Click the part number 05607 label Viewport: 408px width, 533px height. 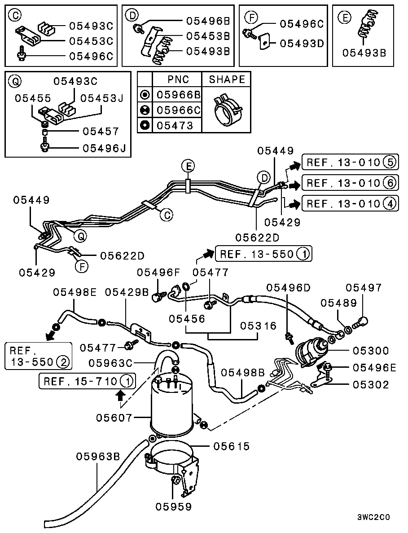click(114, 418)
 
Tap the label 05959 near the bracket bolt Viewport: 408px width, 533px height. click(174, 507)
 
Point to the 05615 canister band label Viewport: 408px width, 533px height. click(231, 446)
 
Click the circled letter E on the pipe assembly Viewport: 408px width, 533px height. click(189, 167)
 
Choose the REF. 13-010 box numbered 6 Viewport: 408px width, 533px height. click(350, 183)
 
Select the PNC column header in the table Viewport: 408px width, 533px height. click(178, 79)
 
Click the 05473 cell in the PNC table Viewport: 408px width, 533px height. click(175, 125)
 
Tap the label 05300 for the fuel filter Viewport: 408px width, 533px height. click(371, 350)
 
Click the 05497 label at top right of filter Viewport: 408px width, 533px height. click(364, 287)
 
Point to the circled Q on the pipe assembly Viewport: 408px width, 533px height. click(81, 235)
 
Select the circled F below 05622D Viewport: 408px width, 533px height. click(81, 267)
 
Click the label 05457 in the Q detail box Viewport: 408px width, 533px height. click(101, 132)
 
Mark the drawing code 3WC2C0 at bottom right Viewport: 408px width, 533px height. click(373, 517)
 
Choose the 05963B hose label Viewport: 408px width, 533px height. click(98, 457)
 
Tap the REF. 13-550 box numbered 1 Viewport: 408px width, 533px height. click(263, 254)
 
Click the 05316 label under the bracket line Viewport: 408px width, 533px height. click(258, 325)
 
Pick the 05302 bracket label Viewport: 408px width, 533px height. click(371, 385)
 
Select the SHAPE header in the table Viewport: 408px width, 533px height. click(227, 79)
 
